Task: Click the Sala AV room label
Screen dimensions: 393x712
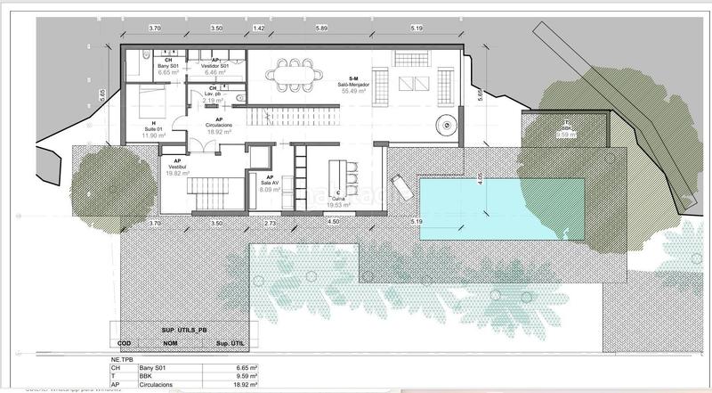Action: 270,184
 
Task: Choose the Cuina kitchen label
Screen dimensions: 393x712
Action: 337,199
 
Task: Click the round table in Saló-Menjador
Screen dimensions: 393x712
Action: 443,122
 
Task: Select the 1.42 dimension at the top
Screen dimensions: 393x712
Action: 259,28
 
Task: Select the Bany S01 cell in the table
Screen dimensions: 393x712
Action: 152,365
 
